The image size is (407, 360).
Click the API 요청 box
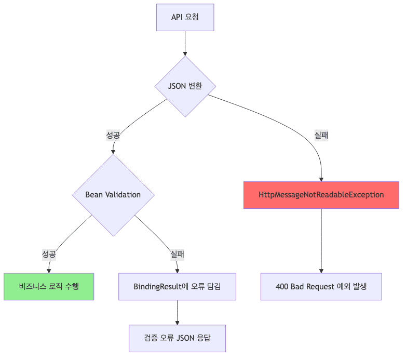click(185, 17)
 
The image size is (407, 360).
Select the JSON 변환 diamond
click(185, 86)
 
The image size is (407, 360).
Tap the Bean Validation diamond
click(113, 195)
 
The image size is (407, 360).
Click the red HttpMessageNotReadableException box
click(321, 195)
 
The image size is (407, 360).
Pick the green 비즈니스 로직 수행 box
click(49, 286)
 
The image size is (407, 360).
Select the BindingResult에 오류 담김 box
click(177, 286)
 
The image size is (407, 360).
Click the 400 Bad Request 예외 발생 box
click(321, 286)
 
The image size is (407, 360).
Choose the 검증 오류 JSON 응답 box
click(177, 339)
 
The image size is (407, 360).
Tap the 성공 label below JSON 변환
click(113, 135)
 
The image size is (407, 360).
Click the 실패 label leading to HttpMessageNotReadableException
click(321, 135)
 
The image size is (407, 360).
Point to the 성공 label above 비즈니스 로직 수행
click(49, 254)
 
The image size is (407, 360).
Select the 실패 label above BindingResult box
click(178, 254)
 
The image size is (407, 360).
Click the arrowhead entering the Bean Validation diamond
click(113, 151)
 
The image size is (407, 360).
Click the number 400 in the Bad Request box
click(283, 286)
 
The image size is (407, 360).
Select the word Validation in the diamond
click(123, 195)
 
